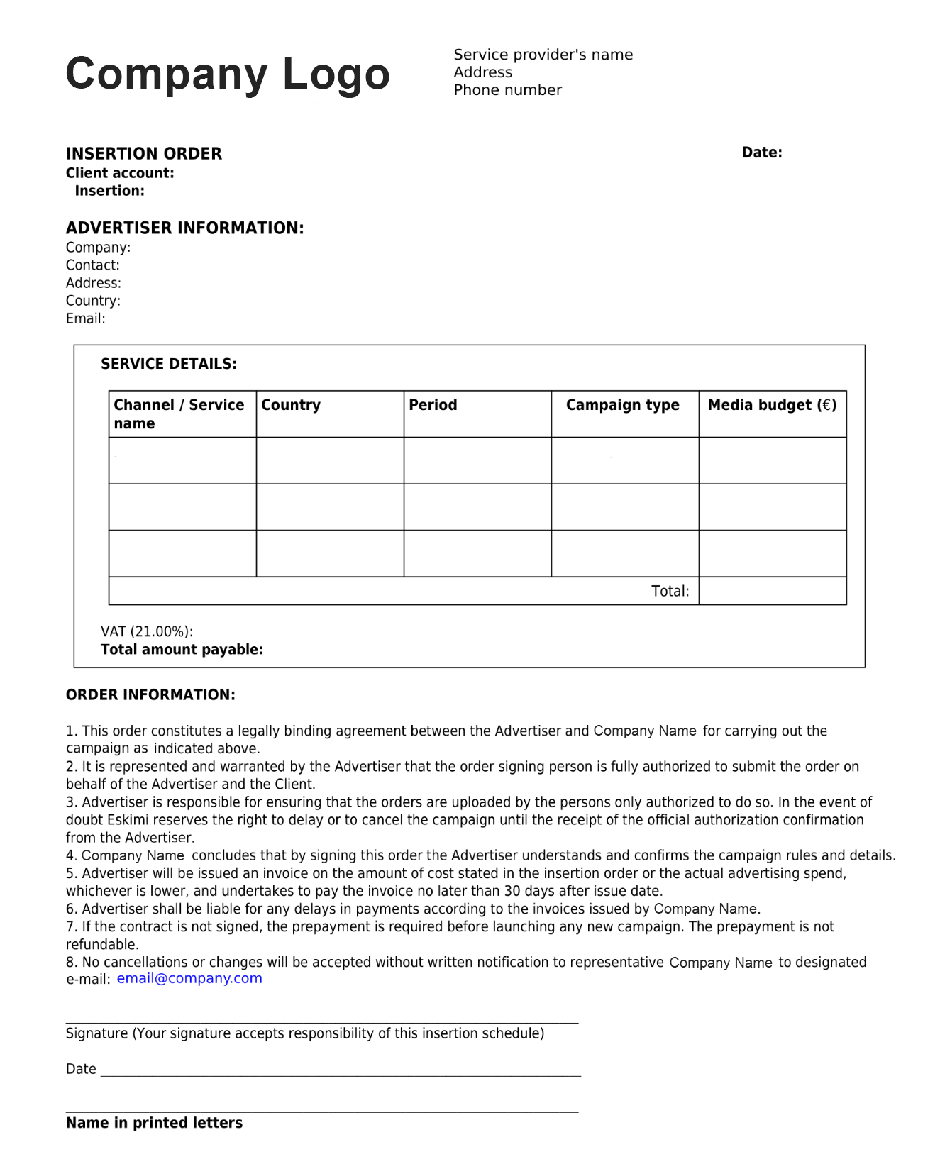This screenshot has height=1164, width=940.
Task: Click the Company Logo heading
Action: [x=228, y=74]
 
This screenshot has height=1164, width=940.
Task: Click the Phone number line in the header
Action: [x=507, y=90]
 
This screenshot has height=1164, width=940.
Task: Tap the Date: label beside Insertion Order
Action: [x=761, y=153]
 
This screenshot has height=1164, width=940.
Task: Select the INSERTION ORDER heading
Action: [x=143, y=154]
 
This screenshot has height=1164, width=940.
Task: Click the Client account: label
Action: [x=119, y=173]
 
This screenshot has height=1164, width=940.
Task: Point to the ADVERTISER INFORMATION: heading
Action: [x=184, y=228]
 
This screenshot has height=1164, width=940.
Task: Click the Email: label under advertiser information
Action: [x=85, y=319]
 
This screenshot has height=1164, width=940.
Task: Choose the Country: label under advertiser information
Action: [x=93, y=301]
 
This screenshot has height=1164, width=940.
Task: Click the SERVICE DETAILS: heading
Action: [x=168, y=364]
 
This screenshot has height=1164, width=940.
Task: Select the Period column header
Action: [x=433, y=405]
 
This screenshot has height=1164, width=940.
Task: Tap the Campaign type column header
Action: [x=622, y=405]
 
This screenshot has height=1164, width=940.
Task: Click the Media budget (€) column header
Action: [x=772, y=405]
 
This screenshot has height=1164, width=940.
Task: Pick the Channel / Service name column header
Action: [x=178, y=414]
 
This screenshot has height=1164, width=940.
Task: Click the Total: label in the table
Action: [x=670, y=592]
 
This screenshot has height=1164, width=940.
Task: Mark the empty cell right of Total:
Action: [x=772, y=592]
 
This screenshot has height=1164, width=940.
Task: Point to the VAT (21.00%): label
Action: [x=146, y=632]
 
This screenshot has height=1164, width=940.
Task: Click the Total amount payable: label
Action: [x=182, y=650]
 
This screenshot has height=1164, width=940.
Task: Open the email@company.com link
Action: [x=189, y=979]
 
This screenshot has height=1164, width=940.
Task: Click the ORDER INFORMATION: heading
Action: [x=150, y=695]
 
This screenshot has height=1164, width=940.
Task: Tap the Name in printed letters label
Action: [x=154, y=1123]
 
